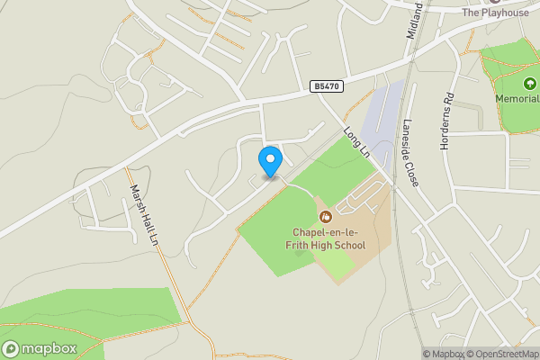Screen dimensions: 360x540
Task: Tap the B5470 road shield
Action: coord(326,86)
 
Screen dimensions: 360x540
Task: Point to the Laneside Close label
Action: coord(410,153)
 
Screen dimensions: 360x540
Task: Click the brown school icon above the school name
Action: coord(326,216)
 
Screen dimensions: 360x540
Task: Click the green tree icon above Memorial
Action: coord(517,84)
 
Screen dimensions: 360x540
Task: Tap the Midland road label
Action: coord(414,18)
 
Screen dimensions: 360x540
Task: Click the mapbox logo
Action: coord(40,348)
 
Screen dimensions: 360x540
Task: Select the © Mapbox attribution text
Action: coord(443,354)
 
